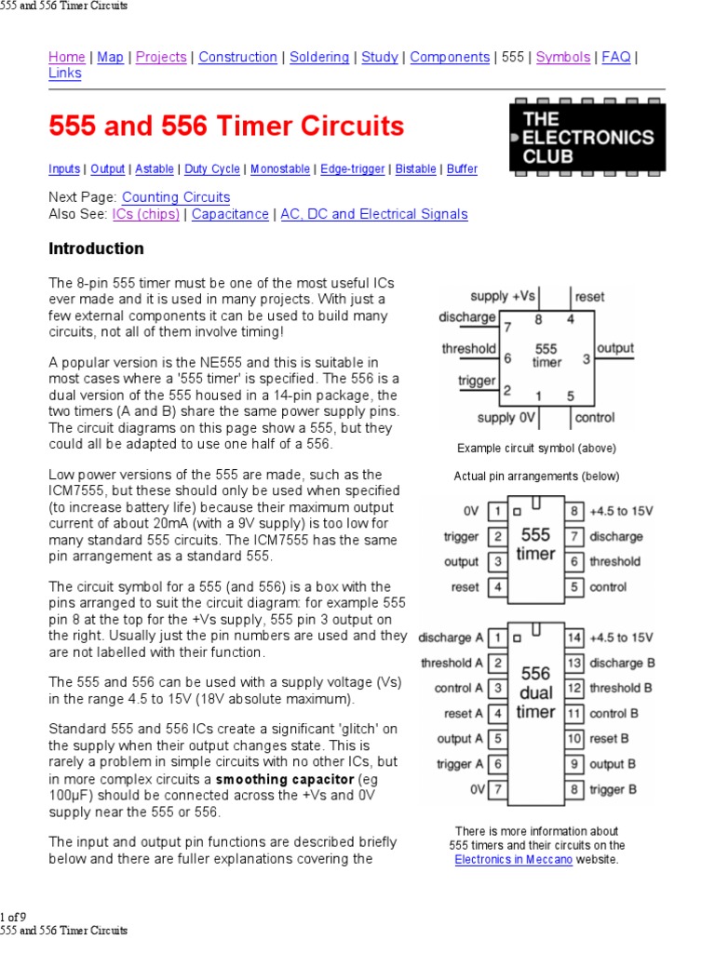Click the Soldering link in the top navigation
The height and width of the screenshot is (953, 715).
[319, 57]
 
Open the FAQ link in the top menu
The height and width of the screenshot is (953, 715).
[616, 57]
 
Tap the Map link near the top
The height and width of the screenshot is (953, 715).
[110, 57]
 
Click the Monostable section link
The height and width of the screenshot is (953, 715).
[280, 169]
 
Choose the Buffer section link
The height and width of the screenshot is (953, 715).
[462, 169]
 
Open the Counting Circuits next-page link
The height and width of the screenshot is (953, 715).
[176, 197]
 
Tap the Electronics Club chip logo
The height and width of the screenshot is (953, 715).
[588, 137]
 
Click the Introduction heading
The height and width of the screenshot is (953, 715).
[96, 248]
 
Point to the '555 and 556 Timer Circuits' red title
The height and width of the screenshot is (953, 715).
[226, 126]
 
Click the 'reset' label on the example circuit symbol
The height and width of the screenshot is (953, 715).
[589, 297]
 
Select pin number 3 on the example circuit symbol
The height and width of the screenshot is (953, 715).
[587, 358]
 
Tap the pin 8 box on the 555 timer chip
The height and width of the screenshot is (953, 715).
[575, 511]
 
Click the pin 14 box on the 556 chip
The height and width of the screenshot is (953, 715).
[574, 638]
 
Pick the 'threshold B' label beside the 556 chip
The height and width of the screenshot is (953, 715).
[623, 689]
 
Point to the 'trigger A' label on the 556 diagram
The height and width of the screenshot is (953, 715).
[460, 764]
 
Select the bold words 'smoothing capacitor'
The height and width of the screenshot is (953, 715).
[285, 778]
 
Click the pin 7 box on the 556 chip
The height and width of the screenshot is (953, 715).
[498, 790]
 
